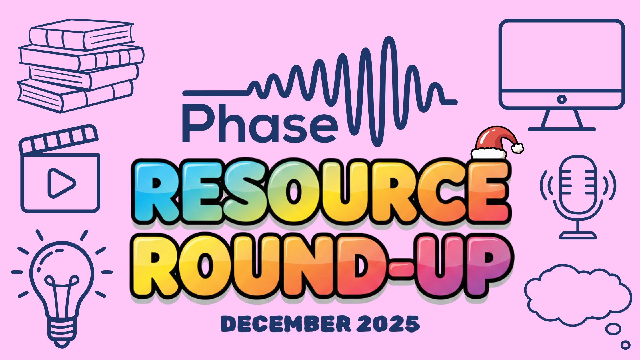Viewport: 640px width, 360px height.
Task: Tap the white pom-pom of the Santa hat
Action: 517,148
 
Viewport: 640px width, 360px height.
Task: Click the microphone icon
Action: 578,186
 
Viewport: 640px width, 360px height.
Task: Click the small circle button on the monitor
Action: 561,99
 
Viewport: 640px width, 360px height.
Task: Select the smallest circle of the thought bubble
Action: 625,345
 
